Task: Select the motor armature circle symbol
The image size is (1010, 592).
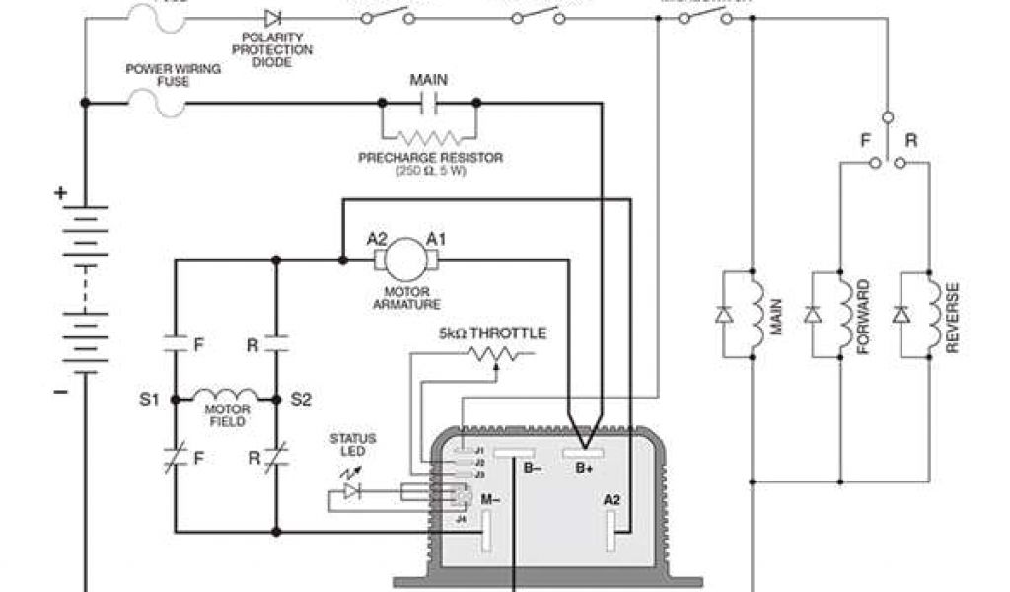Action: click(401, 259)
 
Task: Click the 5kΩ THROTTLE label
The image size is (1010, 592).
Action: click(492, 333)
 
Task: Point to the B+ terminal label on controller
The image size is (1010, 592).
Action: click(585, 468)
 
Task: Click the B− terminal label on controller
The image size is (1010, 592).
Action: click(532, 468)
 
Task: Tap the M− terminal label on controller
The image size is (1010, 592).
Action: click(490, 500)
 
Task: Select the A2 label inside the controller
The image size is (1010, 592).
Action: click(613, 500)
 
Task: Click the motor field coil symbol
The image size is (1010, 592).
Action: click(226, 394)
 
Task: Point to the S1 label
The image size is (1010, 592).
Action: click(149, 400)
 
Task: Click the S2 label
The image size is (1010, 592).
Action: click(300, 400)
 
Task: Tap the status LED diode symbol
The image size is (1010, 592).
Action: click(350, 490)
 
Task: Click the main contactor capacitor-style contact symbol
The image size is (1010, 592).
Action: click(429, 101)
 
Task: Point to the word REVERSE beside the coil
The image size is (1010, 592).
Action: click(953, 318)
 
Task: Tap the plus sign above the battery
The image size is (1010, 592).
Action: click(61, 193)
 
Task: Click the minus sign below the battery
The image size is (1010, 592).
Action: click(61, 392)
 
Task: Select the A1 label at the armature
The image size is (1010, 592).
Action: click(437, 238)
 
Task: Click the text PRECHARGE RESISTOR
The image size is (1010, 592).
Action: click(430, 157)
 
